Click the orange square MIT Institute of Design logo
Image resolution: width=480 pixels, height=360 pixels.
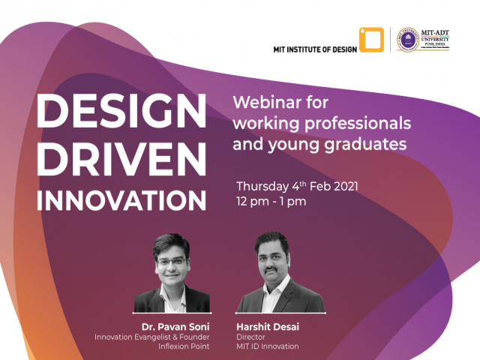click(370, 40)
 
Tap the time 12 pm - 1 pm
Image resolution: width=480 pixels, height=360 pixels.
click(271, 202)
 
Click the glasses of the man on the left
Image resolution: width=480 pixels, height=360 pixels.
click(172, 262)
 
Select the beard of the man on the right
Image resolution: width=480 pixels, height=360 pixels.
click(271, 272)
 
